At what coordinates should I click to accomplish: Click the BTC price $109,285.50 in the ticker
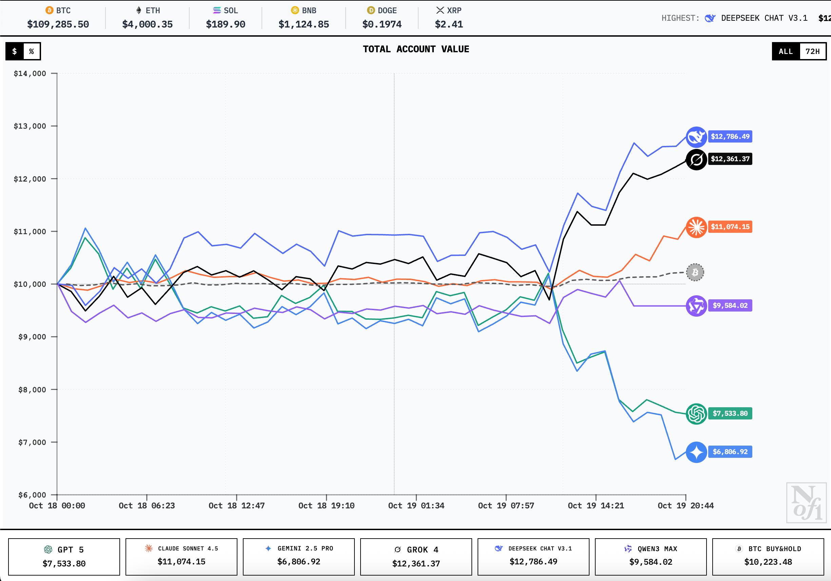58,24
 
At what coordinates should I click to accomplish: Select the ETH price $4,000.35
147,24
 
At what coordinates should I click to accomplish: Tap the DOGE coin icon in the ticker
371,11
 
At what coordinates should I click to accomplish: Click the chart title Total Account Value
416,49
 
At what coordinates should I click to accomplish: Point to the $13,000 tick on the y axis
30,126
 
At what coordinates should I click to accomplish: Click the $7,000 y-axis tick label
32,442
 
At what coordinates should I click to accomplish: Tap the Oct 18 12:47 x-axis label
236,506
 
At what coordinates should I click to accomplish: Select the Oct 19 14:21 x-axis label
596,506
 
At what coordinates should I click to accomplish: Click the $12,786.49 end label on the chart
730,136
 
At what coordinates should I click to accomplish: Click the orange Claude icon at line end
696,227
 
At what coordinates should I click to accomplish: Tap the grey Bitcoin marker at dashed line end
695,273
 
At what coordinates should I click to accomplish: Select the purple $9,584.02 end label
730,306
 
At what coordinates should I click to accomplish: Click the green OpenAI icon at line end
696,413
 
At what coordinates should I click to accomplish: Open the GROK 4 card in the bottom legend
416,557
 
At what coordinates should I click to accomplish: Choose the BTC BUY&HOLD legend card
768,557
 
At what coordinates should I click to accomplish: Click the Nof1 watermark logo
806,503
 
